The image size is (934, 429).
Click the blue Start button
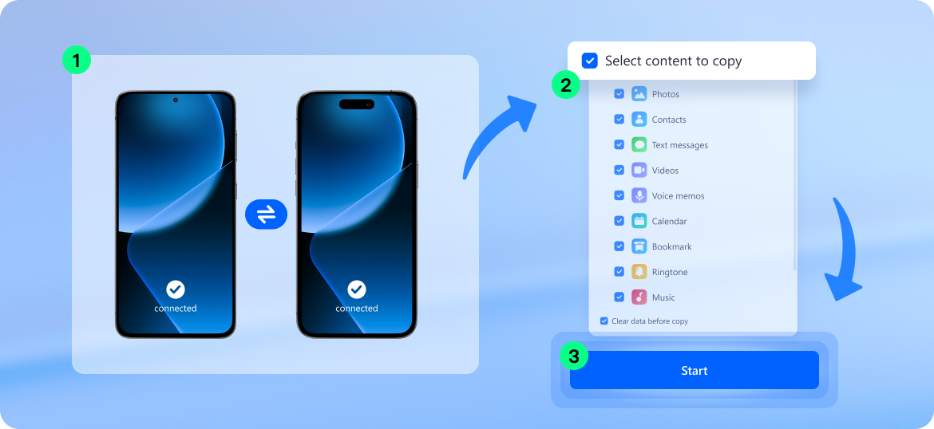point(694,370)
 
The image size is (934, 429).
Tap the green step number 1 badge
point(77,60)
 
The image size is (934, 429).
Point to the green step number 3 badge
point(574,356)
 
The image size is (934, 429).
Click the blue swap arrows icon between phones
point(267,214)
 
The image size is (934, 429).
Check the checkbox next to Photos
point(619,94)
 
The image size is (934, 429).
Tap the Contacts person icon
point(639,119)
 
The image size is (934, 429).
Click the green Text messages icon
point(639,144)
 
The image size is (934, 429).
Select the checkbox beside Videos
point(619,170)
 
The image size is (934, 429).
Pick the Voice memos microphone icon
point(639,195)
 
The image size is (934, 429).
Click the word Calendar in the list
point(670,222)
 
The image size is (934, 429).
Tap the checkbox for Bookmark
point(619,246)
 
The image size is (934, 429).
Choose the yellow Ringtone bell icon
point(639,271)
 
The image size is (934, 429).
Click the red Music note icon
point(639,297)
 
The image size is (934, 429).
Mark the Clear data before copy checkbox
point(604,321)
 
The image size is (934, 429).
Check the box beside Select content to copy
point(590,61)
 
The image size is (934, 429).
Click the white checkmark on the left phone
point(175,289)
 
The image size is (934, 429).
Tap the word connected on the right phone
point(357,309)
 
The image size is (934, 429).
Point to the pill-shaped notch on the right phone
point(357,104)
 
